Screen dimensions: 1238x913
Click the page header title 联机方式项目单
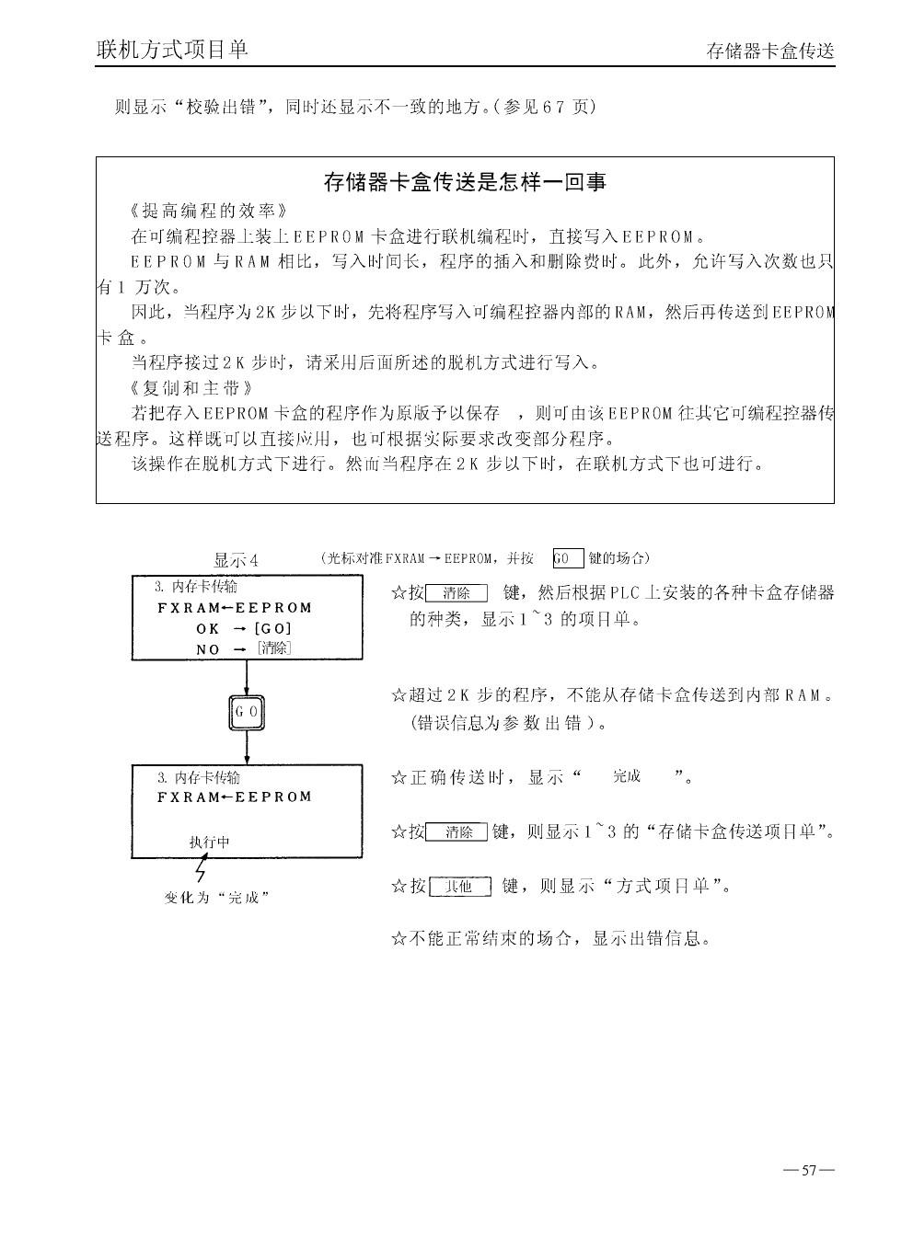tap(172, 49)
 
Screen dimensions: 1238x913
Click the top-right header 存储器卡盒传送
tap(770, 52)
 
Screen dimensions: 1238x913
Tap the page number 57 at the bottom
tap(809, 1171)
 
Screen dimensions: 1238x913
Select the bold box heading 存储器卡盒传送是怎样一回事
tap(465, 182)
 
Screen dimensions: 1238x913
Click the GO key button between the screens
tap(247, 712)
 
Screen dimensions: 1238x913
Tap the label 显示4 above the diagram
tap(236, 560)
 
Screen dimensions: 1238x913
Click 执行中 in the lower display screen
tap(210, 842)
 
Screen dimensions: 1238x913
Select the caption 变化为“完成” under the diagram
tap(216, 898)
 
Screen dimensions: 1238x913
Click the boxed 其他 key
tap(459, 887)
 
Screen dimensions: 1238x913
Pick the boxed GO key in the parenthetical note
tap(567, 558)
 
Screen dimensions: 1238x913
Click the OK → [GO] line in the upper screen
tap(244, 629)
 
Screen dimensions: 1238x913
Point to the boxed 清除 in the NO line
tap(274, 648)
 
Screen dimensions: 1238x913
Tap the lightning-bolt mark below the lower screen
tap(201, 870)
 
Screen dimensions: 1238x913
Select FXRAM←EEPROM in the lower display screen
tap(235, 797)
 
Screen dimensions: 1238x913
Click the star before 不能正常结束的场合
tap(399, 939)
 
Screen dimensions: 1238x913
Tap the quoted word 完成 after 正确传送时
tap(627, 776)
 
